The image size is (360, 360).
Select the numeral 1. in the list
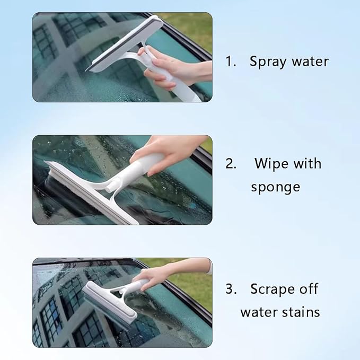tap(230, 62)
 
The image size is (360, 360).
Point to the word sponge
tap(276, 187)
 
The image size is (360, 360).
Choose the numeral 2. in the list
tap(231, 163)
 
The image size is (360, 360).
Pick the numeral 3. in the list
tap(231, 289)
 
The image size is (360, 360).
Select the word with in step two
tap(308, 163)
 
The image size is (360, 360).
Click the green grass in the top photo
tap(191, 24)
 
